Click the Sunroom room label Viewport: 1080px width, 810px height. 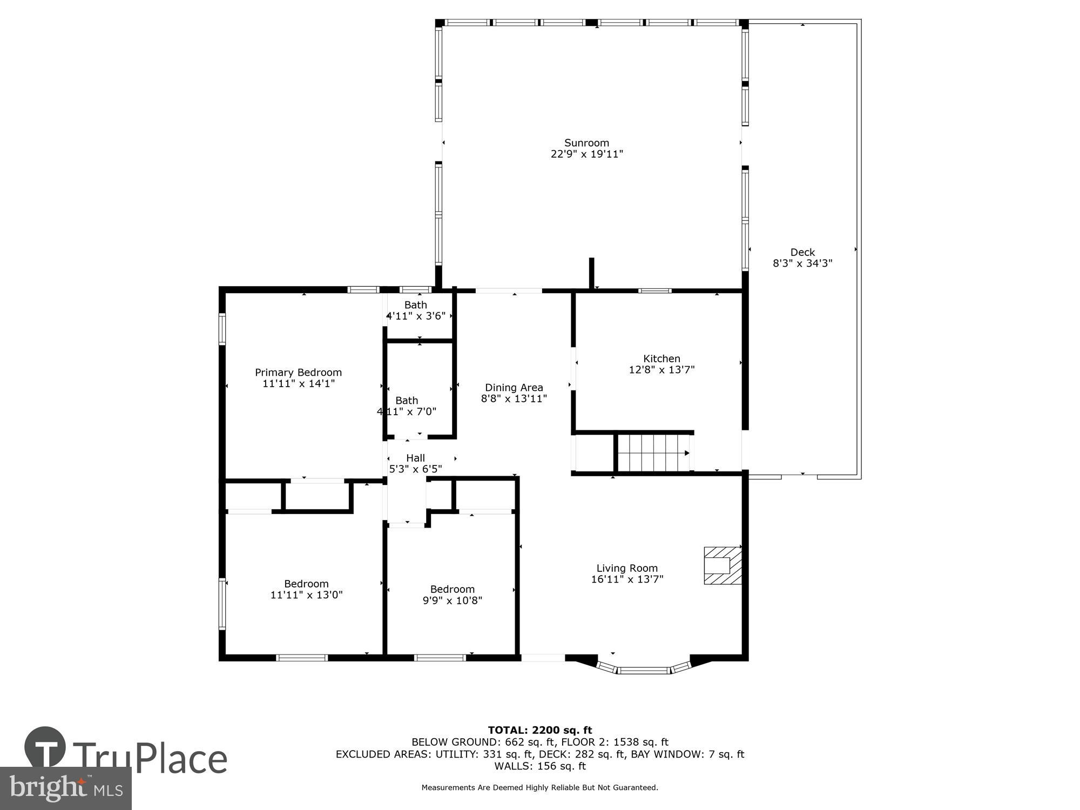click(586, 143)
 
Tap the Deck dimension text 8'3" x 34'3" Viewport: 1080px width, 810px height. click(802, 264)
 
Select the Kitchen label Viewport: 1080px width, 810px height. click(661, 359)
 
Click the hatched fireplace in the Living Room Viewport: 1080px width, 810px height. click(722, 565)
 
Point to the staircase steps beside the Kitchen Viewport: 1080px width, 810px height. click(653, 453)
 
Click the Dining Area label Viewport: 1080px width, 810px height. click(514, 387)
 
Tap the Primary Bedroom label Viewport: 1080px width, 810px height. click(298, 372)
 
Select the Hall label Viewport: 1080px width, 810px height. click(415, 458)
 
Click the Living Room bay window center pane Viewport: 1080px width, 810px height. click(643, 671)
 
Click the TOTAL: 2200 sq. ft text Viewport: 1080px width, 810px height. click(540, 731)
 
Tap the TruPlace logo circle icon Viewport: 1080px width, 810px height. click(45, 748)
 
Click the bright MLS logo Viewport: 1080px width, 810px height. click(65, 788)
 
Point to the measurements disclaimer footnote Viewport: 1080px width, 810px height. click(540, 788)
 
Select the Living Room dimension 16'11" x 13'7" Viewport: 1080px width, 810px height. click(627, 579)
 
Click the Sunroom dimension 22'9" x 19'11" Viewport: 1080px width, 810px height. click(586, 154)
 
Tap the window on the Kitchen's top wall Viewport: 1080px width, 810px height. click(654, 291)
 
